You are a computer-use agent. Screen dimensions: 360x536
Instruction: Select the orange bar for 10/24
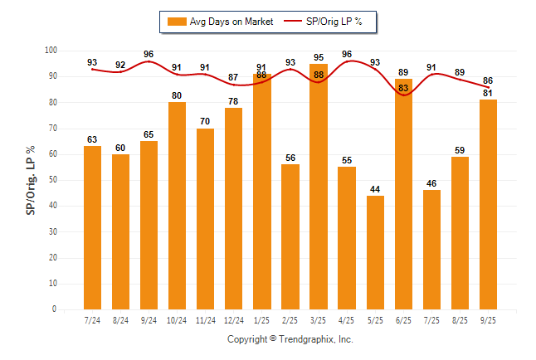point(177,206)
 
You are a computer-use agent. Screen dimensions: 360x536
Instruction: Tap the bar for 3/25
point(319,187)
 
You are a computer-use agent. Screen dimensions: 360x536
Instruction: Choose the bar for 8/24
point(120,231)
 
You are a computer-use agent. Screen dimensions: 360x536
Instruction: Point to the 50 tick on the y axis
point(51,180)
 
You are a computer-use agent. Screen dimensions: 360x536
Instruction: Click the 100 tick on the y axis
point(50,51)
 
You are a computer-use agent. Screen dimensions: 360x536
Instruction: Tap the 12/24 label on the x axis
point(233,320)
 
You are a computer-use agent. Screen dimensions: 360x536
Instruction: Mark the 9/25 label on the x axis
point(488,320)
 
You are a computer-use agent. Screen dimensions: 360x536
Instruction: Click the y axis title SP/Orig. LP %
point(31,179)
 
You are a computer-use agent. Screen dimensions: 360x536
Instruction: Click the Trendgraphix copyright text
point(290,339)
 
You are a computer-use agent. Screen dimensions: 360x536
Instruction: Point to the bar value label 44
point(375,189)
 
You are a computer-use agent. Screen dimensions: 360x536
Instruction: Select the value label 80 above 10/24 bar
point(177,95)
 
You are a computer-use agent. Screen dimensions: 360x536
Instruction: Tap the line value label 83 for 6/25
point(403,88)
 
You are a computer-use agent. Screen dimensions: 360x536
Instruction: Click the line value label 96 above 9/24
point(149,55)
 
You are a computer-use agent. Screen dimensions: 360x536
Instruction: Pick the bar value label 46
point(431,183)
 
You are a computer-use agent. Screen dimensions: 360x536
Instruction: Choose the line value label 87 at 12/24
point(233,77)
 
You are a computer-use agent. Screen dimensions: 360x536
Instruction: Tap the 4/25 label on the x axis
point(347,320)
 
